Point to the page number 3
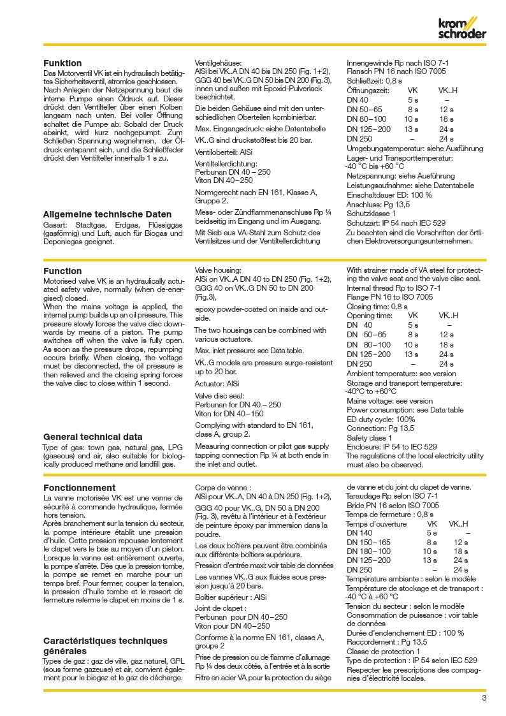click(x=484, y=698)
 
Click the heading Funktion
click(x=62, y=64)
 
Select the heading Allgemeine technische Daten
click(x=106, y=214)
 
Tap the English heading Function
click(x=62, y=271)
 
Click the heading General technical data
click(x=92, y=437)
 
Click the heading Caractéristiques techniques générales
click(x=105, y=646)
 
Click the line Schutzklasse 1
click(x=371, y=214)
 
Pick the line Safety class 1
click(x=368, y=438)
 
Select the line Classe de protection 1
click(x=383, y=651)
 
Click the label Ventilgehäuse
click(x=217, y=64)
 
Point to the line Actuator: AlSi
click(x=217, y=384)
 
